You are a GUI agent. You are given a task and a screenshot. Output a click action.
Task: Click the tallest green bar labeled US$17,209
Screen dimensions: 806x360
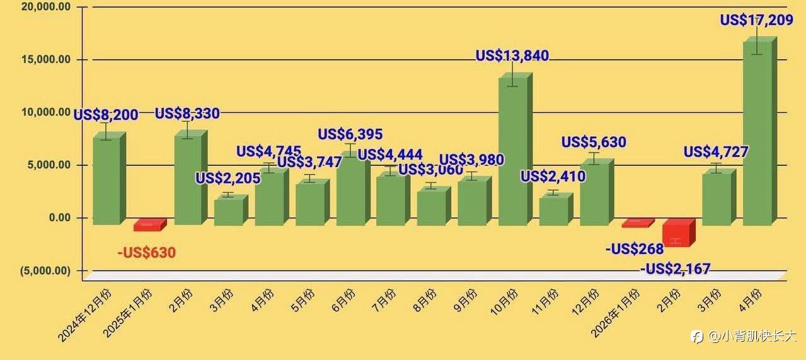coord(760,131)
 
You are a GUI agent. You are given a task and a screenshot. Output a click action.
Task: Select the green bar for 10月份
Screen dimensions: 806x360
coord(515,149)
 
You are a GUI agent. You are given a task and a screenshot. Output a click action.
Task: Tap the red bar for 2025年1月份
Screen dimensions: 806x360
coord(150,224)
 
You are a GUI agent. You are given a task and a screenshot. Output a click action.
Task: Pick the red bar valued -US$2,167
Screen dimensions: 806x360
coord(679,233)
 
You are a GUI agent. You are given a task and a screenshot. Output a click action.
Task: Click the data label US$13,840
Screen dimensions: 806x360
coord(512,55)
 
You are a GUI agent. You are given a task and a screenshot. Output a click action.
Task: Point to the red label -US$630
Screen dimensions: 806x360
coord(146,252)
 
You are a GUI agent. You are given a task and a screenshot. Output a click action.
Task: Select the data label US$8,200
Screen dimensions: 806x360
coord(106,115)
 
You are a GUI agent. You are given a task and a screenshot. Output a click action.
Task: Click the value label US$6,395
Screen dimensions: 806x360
coord(350,134)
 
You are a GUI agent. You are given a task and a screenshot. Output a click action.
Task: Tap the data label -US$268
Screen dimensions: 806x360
coord(635,249)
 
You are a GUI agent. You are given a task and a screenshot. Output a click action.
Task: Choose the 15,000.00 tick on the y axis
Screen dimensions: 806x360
coord(46,59)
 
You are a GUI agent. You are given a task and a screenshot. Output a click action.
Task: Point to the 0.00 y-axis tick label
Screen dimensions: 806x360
coord(60,218)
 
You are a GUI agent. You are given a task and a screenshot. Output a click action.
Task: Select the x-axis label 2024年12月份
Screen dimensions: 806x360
coord(84,315)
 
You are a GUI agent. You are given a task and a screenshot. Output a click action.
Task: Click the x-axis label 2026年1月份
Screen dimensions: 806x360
coord(615,313)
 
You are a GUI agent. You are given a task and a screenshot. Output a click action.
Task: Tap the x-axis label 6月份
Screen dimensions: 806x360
coord(343,300)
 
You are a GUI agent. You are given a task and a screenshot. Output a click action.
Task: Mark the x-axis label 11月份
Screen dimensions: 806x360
coord(544,301)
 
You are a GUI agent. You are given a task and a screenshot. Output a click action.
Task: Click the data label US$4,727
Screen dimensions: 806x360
coord(716,152)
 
